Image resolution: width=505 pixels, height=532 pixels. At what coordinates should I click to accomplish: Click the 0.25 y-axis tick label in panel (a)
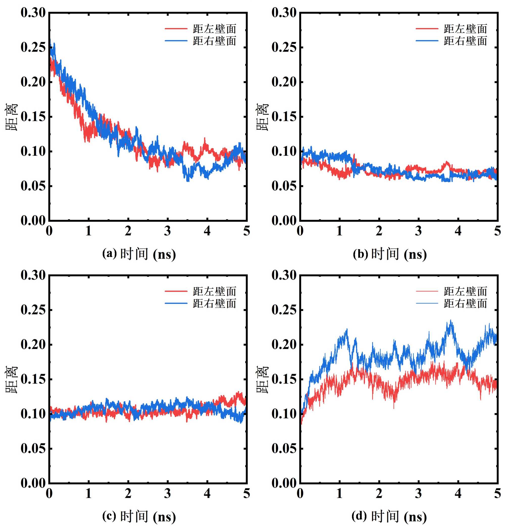click(33, 48)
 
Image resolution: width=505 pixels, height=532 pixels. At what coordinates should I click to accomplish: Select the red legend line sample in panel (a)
click(176, 29)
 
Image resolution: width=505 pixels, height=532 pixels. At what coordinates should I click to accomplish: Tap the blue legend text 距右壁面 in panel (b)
click(465, 41)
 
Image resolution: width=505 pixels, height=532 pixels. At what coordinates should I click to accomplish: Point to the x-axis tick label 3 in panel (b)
click(418, 231)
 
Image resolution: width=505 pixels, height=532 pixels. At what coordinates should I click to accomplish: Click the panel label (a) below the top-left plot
click(109, 254)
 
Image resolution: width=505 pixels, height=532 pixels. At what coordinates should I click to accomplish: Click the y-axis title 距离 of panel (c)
click(11, 380)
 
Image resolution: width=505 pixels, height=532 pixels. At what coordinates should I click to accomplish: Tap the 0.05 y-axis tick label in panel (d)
click(284, 449)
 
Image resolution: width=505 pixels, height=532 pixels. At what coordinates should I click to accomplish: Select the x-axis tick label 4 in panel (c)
click(207, 493)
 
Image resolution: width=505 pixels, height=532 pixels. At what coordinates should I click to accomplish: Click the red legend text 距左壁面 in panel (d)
click(465, 291)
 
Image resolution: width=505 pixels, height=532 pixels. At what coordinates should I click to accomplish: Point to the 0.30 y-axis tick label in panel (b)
click(284, 13)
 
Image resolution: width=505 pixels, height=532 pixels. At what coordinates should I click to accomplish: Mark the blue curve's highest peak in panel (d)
click(450, 321)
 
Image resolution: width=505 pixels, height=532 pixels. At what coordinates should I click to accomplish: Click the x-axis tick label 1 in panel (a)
click(88, 231)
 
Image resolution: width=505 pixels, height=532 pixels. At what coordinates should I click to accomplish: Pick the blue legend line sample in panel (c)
click(176, 303)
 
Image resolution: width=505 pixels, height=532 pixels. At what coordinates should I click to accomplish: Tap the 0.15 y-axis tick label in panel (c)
click(33, 379)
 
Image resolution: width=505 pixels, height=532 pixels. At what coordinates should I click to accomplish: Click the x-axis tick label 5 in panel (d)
click(497, 493)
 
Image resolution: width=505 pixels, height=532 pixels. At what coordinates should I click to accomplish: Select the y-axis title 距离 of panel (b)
click(262, 117)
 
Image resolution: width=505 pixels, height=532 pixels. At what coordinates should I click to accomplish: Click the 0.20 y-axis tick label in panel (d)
click(284, 344)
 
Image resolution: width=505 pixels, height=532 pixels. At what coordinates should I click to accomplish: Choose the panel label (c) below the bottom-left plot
click(109, 516)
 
